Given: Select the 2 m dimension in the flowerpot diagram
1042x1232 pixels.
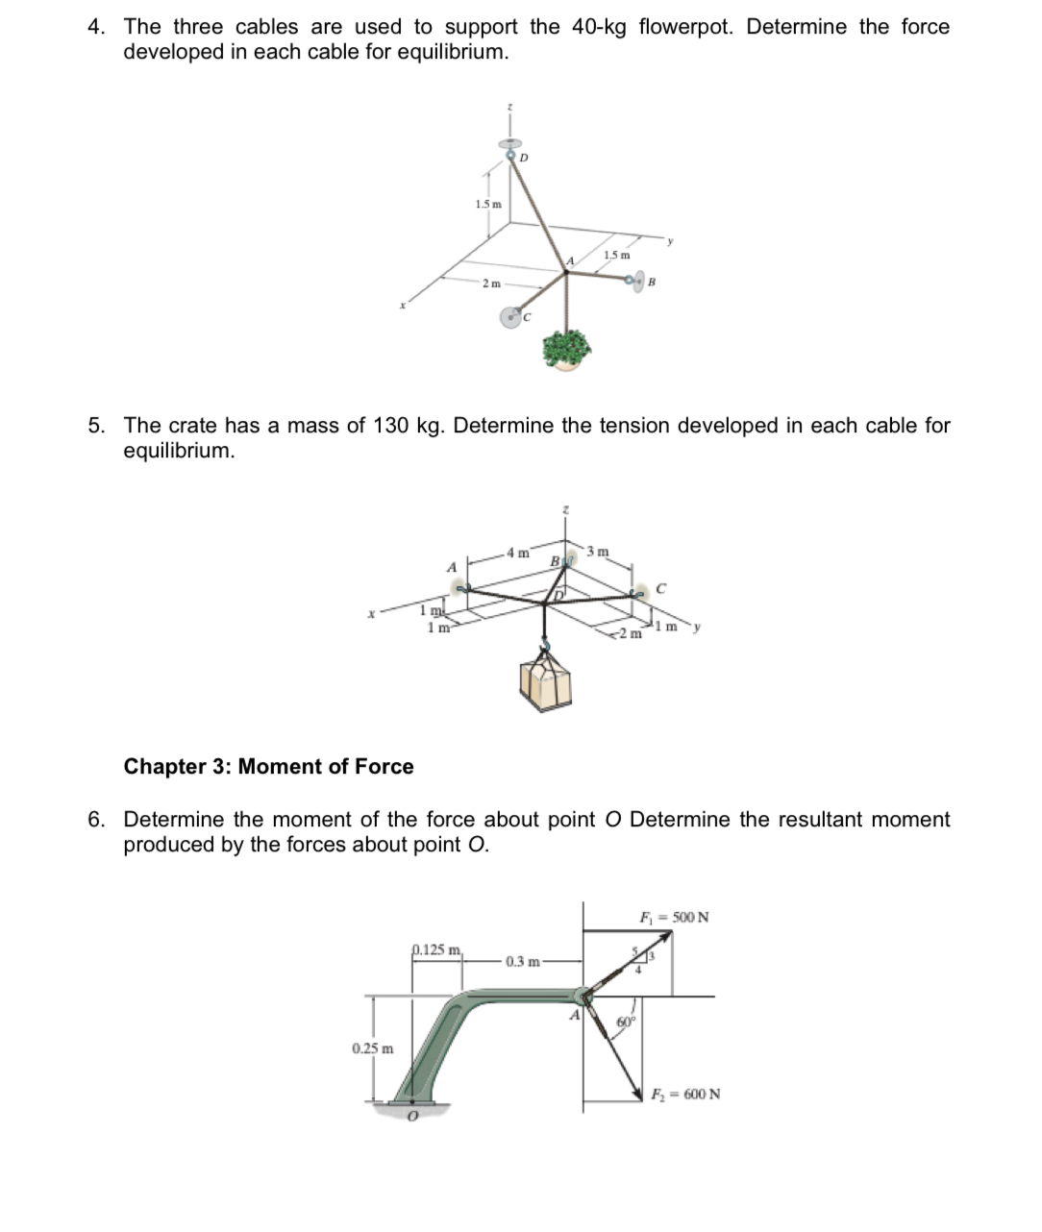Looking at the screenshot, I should pos(490,283).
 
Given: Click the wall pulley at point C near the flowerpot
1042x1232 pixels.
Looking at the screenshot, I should pos(513,316).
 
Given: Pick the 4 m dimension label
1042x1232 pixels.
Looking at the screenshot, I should pos(518,553).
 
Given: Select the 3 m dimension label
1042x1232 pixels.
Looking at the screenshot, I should pos(597,552).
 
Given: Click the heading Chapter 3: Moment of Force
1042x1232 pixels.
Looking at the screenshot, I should pos(268,767).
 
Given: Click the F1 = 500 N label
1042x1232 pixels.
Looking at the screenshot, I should pos(674,917).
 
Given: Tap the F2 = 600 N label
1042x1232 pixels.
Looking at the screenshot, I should pos(685,1094).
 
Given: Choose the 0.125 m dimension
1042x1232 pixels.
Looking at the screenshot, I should pos(436,949).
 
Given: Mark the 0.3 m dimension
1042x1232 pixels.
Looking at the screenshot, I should pos(522,961).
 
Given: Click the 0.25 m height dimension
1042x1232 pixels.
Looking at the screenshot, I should pos(372,1047).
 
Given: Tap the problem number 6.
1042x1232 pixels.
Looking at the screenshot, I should pos(95,820).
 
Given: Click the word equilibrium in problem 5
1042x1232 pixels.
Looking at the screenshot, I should pos(178,451).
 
